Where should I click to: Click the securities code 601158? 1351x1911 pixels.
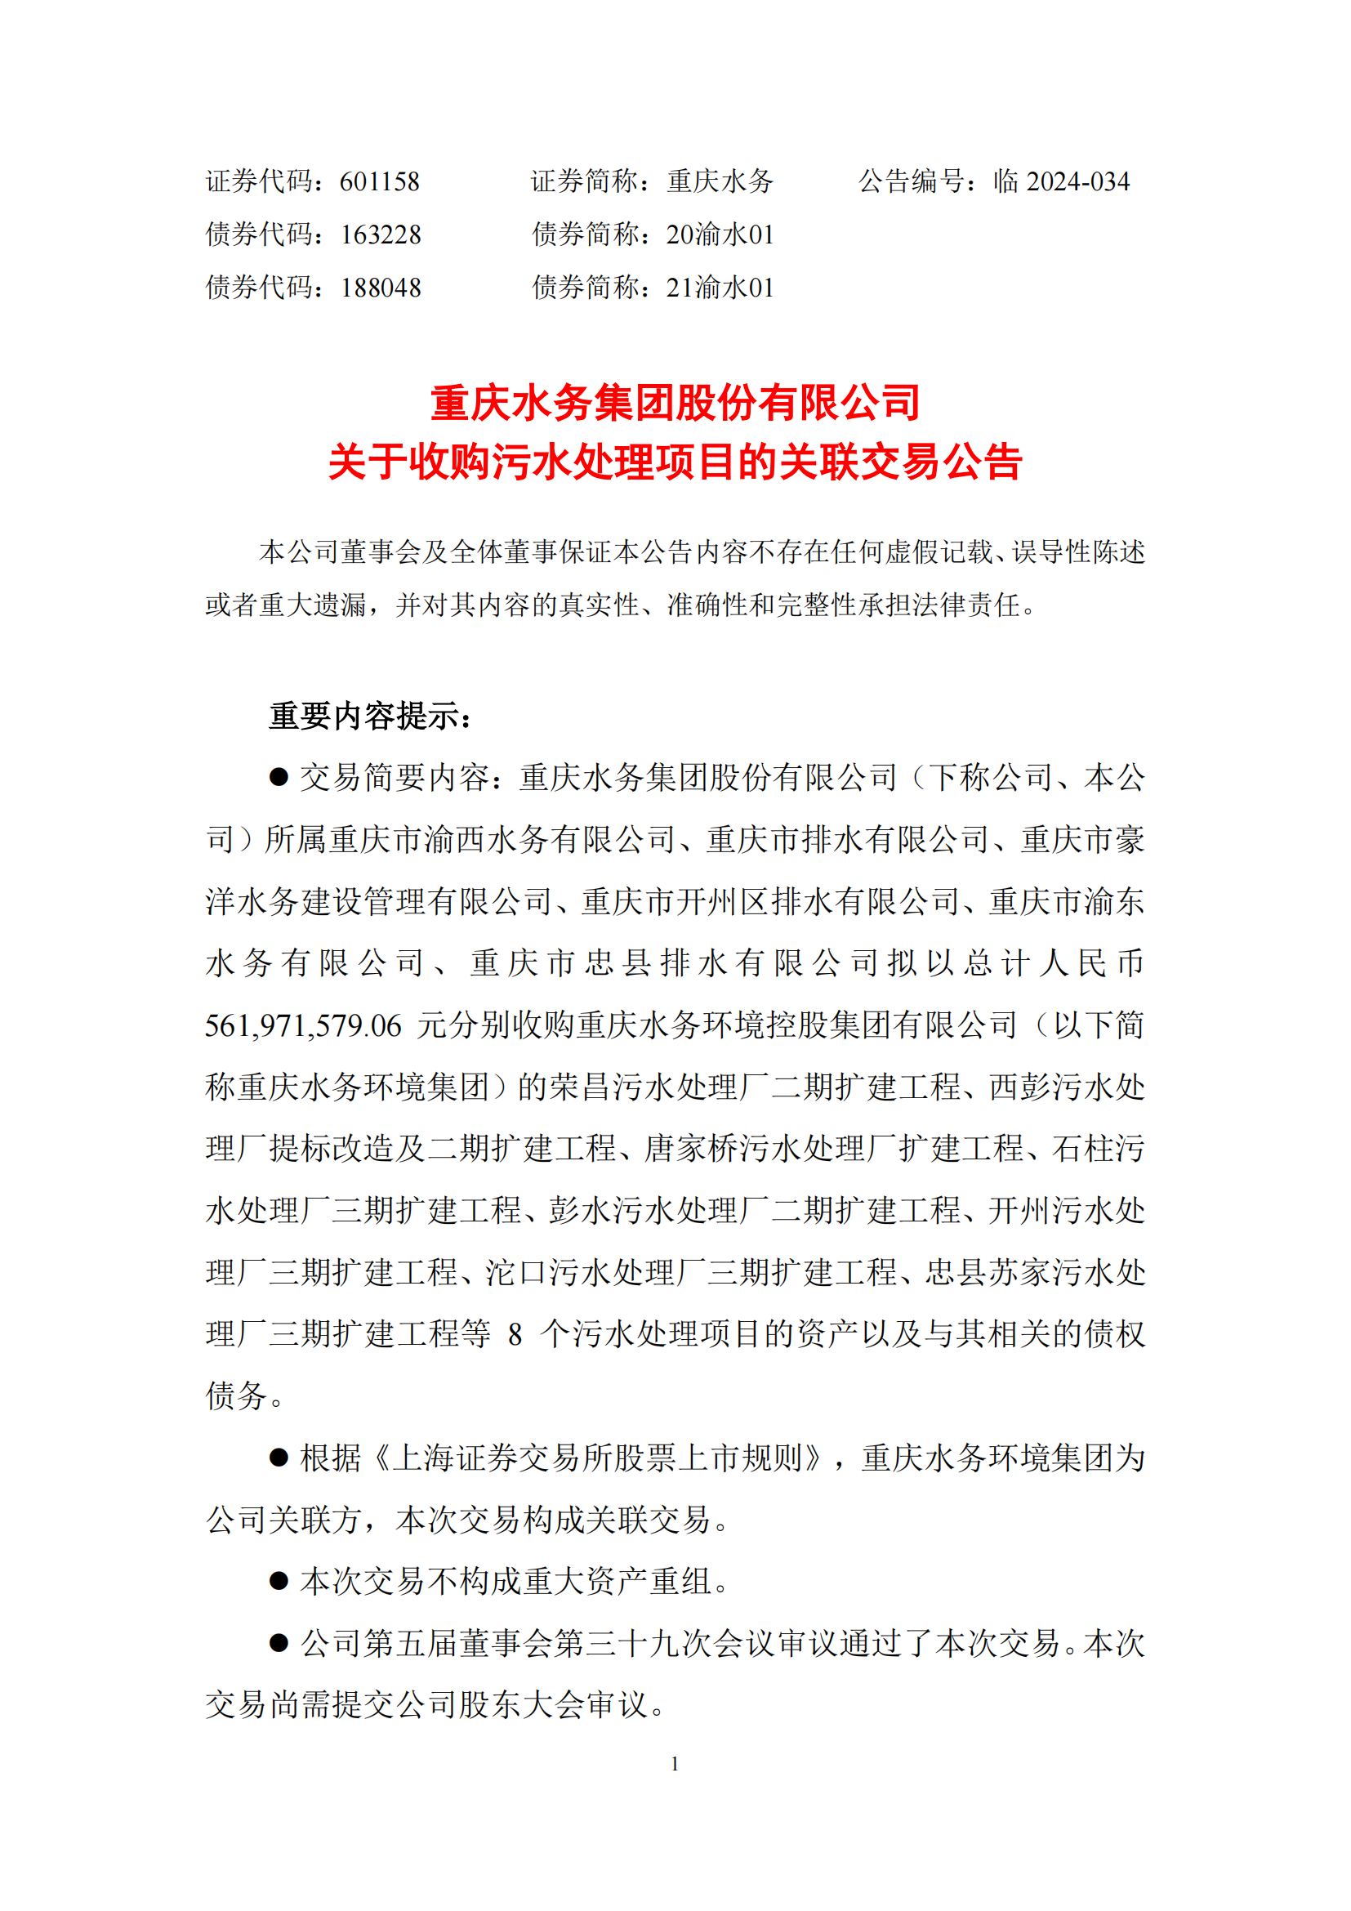point(379,181)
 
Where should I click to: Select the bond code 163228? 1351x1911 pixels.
point(380,234)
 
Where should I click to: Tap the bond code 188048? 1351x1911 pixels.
point(380,288)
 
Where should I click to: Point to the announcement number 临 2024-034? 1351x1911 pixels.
point(1062,181)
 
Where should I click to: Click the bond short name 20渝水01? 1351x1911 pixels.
point(720,234)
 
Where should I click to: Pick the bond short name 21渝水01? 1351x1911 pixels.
point(720,288)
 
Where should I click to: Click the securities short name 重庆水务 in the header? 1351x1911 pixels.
point(720,181)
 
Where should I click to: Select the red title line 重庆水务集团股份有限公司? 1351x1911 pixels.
point(675,403)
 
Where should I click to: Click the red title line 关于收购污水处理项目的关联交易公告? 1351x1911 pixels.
point(675,462)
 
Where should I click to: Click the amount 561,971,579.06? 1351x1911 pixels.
point(304,1025)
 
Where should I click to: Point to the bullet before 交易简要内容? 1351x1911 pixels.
point(279,777)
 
